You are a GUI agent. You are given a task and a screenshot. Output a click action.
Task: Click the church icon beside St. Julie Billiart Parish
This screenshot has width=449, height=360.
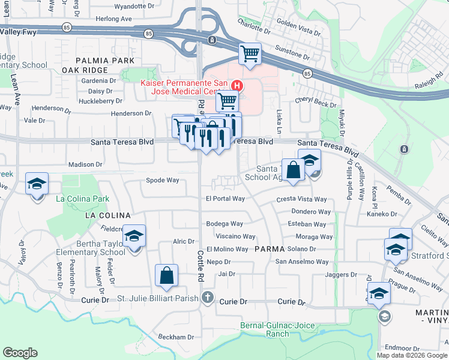click(208, 297)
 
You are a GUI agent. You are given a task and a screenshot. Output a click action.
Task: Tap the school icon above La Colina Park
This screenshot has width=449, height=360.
click(37, 183)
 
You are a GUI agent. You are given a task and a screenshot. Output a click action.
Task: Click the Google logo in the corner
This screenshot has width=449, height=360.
click(20, 353)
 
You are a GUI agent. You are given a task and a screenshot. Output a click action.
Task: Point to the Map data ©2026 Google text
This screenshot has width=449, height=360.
click(412, 355)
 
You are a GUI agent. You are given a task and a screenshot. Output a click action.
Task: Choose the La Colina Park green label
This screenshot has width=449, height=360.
click(82, 199)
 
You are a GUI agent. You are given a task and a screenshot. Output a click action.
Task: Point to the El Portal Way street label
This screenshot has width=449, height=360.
click(225, 199)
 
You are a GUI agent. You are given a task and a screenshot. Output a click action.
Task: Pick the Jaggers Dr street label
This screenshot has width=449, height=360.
click(340, 275)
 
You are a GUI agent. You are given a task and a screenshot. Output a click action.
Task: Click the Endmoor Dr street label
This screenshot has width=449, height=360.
click(397, 347)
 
